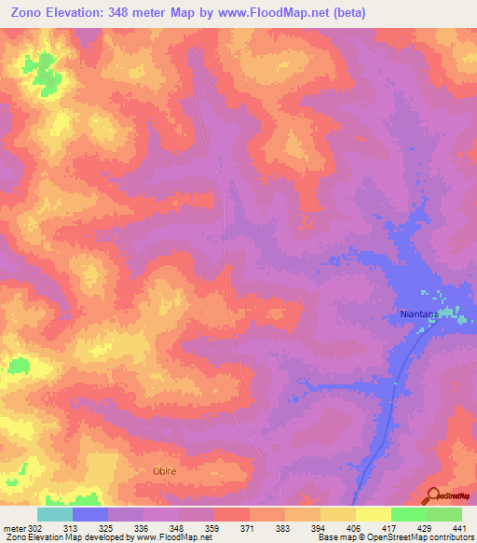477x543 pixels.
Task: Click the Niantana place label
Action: pyautogui.click(x=413, y=315)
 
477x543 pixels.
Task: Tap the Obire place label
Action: pyautogui.click(x=164, y=471)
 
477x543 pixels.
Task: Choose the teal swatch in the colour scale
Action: pyautogui.click(x=55, y=514)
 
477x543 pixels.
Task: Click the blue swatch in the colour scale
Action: pyautogui.click(x=90, y=514)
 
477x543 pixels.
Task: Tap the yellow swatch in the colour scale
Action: pyautogui.click(x=374, y=514)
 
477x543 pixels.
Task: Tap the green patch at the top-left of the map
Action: pyautogui.click(x=40, y=69)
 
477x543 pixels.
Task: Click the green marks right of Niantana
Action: pyautogui.click(x=453, y=314)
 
